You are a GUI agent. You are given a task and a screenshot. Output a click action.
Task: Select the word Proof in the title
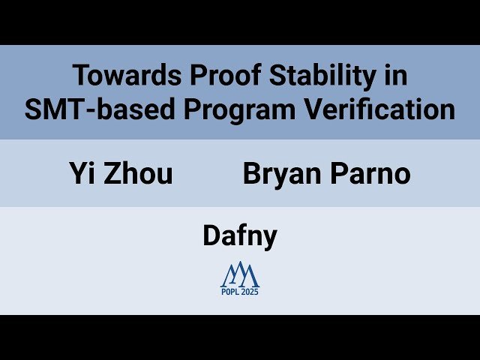tap(208, 76)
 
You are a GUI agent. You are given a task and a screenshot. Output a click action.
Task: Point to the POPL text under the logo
tap(230, 292)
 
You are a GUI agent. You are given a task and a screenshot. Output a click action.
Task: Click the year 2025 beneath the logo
tap(250, 292)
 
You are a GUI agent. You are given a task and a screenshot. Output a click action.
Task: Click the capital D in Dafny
tap(211, 235)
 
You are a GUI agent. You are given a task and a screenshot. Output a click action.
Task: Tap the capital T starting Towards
tap(79, 76)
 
